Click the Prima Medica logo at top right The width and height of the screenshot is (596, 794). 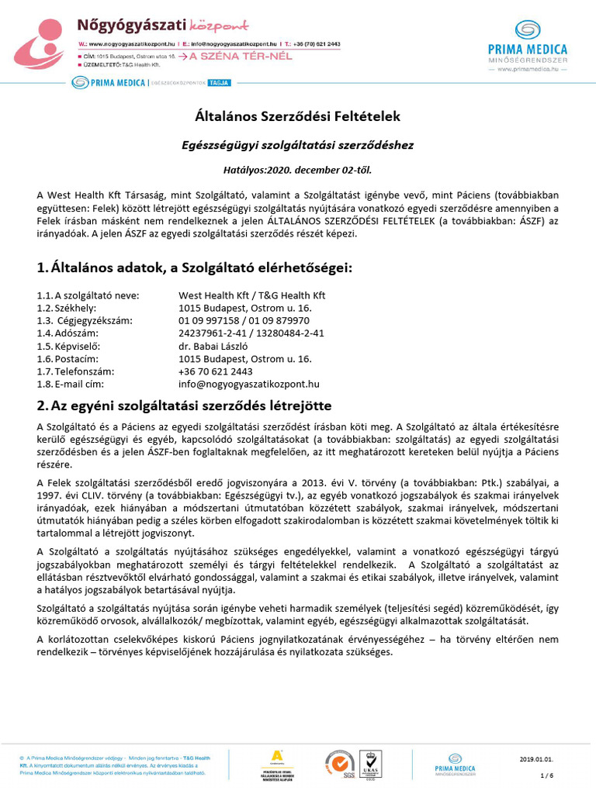pos(528,46)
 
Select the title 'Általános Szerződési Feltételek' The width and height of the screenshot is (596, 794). pos(297,117)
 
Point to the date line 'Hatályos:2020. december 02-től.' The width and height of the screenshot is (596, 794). pos(297,168)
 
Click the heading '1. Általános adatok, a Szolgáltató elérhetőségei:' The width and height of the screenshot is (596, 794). pos(194,268)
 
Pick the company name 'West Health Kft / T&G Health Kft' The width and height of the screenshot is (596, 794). pos(252,295)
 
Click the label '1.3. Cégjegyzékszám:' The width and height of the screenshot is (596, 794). pos(85,320)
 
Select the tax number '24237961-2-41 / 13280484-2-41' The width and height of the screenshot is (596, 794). pos(251,333)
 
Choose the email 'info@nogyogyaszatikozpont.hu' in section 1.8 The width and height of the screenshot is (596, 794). pos(249,384)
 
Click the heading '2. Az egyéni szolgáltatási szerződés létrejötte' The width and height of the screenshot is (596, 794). pos(185,406)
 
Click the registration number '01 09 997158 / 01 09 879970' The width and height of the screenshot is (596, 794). pos(244,320)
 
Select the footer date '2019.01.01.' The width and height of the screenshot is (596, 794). pos(535,758)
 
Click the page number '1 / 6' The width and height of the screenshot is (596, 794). pos(546,775)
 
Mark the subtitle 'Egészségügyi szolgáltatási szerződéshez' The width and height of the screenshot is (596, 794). pos(297,144)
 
